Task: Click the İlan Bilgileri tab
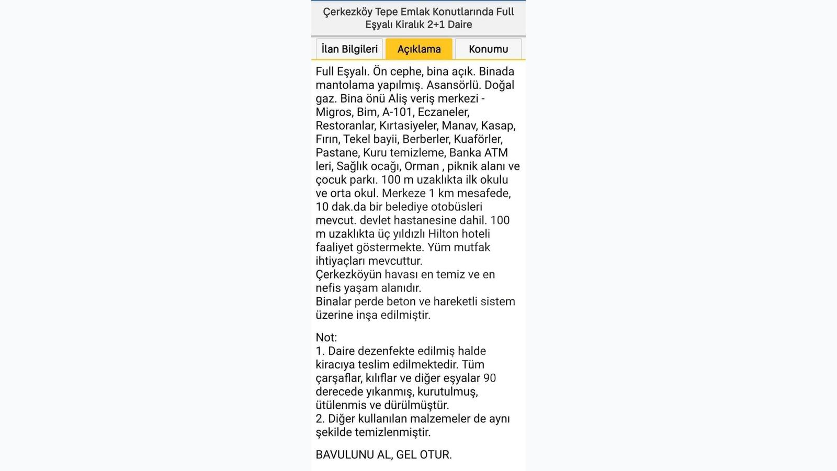pyautogui.click(x=349, y=49)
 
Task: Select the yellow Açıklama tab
pyautogui.click(x=419, y=49)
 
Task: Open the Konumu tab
pyautogui.click(x=488, y=49)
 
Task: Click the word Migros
pyautogui.click(x=334, y=112)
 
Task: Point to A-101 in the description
pyautogui.click(x=398, y=112)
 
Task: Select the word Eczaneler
pyautogui.click(x=443, y=112)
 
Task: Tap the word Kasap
pyautogui.click(x=498, y=126)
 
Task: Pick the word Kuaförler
pyautogui.click(x=478, y=139)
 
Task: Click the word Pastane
pyautogui.click(x=337, y=153)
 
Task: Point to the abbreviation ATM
pyautogui.click(x=495, y=153)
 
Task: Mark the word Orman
pyautogui.click(x=422, y=166)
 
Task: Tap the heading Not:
pyautogui.click(x=326, y=338)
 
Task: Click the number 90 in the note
pyautogui.click(x=490, y=378)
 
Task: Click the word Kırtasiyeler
pyautogui.click(x=408, y=126)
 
